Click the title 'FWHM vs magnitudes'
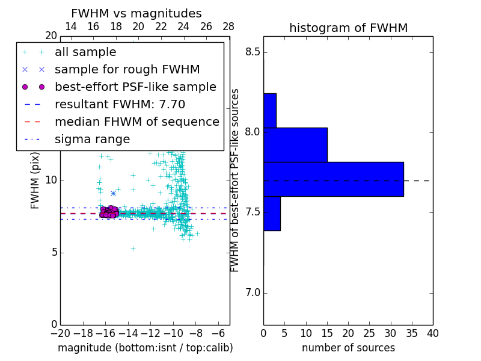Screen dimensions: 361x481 click(136, 13)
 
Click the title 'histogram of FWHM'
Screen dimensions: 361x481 click(348, 28)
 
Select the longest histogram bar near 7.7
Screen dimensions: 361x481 click(333, 179)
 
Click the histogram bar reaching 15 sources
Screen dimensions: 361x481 click(295, 145)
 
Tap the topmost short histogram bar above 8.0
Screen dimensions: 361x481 click(269, 111)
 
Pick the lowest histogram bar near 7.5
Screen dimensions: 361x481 click(272, 214)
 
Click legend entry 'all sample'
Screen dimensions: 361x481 click(85, 52)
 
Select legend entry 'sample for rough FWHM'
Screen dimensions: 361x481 click(127, 70)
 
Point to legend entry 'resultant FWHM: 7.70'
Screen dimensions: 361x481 click(120, 105)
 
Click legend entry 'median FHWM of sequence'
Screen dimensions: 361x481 click(136, 122)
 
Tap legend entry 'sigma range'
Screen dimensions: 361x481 click(92, 140)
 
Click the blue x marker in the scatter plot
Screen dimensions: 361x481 click(113, 193)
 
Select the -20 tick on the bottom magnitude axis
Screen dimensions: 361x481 click(60, 333)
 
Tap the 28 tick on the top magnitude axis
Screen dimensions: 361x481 click(228, 26)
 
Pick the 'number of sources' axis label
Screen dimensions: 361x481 click(348, 348)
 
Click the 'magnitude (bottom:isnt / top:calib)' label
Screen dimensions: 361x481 click(145, 348)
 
